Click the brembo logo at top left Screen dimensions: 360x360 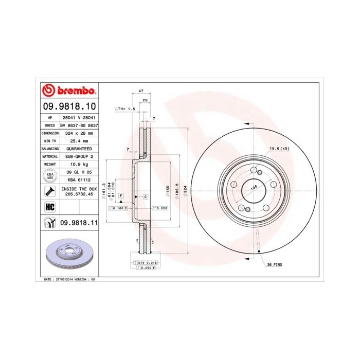(x=68, y=91)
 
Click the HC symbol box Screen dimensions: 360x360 (x=50, y=206)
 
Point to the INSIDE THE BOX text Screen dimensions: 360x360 (x=79, y=189)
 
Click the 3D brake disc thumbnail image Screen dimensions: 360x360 (x=69, y=255)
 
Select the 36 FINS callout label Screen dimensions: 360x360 (x=274, y=264)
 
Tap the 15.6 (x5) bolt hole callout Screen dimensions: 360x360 (x=278, y=149)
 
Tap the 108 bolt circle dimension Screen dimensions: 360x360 (x=253, y=188)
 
